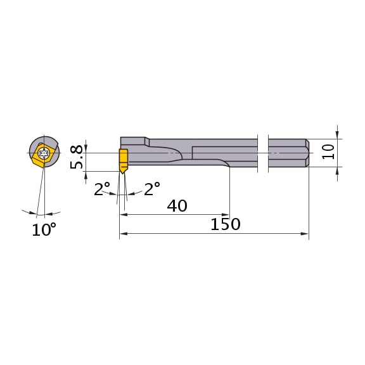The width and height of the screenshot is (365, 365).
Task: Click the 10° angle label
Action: (x=44, y=229)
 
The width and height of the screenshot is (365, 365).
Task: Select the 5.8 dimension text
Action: (x=77, y=157)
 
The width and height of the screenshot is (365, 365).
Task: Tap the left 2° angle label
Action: (x=102, y=189)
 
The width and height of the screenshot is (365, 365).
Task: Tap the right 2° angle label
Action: (x=151, y=189)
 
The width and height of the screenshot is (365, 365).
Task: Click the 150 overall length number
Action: (x=225, y=224)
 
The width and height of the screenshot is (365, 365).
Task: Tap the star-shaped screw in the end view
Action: (x=44, y=153)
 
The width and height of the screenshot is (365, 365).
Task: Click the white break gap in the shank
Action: (x=263, y=153)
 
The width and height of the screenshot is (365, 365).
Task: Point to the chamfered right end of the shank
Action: (x=307, y=153)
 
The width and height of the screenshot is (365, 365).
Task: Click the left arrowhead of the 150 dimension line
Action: (x=123, y=234)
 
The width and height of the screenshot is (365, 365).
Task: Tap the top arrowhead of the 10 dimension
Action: (x=337, y=135)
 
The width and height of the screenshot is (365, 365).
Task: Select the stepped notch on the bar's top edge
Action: (x=147, y=140)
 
